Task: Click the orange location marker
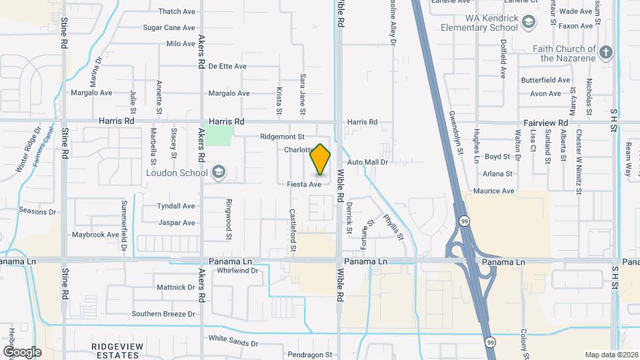(321, 159)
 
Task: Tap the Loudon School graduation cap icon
(217, 173)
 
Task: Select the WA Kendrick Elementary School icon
(529, 23)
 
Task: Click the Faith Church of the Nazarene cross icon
(605, 53)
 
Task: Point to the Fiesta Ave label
(305, 184)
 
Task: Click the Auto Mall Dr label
(367, 162)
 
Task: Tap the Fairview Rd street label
(545, 123)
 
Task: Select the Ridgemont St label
(282, 136)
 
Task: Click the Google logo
(22, 351)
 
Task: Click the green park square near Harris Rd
(218, 135)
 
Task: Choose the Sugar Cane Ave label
(169, 28)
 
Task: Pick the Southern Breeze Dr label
(163, 313)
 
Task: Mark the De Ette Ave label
(227, 67)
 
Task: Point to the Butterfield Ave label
(545, 79)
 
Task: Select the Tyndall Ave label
(176, 206)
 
